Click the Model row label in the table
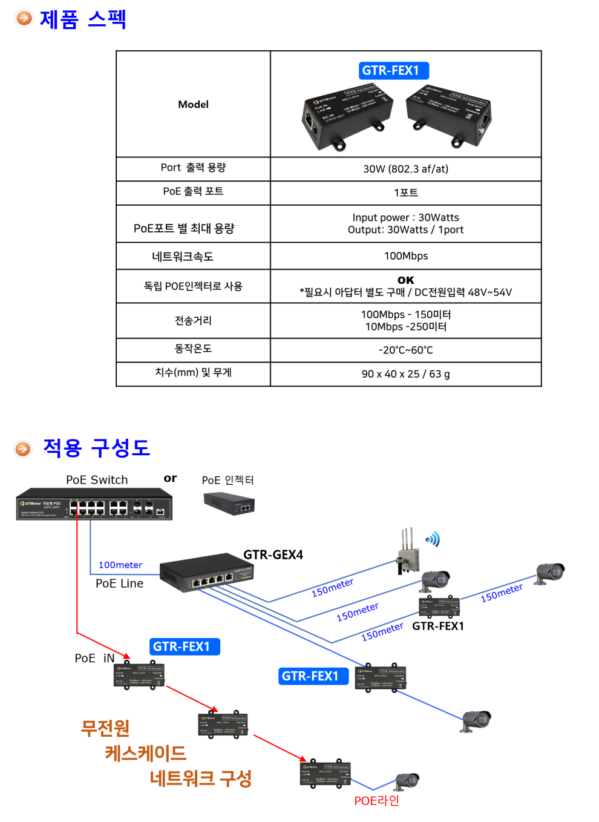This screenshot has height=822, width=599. click(x=193, y=104)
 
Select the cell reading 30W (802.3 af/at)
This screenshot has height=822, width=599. click(x=405, y=169)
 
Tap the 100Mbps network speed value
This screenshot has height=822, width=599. click(x=405, y=256)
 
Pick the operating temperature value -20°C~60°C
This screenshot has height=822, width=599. click(x=405, y=350)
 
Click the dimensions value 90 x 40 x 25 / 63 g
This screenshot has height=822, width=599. click(x=405, y=374)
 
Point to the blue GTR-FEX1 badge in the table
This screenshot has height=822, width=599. click(x=394, y=71)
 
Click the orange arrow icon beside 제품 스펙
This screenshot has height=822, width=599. click(x=24, y=18)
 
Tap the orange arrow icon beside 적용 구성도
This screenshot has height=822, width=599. click(x=23, y=449)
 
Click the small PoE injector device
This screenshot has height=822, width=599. click(x=229, y=503)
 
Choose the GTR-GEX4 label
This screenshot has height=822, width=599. click(x=273, y=554)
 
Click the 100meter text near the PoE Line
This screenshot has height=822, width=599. click(x=120, y=565)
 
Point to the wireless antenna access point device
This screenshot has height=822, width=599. click(x=408, y=553)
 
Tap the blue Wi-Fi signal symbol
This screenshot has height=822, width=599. click(x=433, y=539)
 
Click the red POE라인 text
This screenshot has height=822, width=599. click(x=376, y=801)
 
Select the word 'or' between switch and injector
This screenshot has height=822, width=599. click(x=170, y=478)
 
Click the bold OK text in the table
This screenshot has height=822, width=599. click(x=405, y=280)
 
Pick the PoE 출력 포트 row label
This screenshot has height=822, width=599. click(x=193, y=191)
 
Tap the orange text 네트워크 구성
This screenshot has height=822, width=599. click(x=200, y=778)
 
